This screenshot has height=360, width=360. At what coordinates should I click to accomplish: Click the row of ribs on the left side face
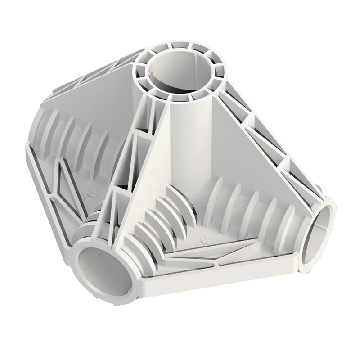(76, 135)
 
